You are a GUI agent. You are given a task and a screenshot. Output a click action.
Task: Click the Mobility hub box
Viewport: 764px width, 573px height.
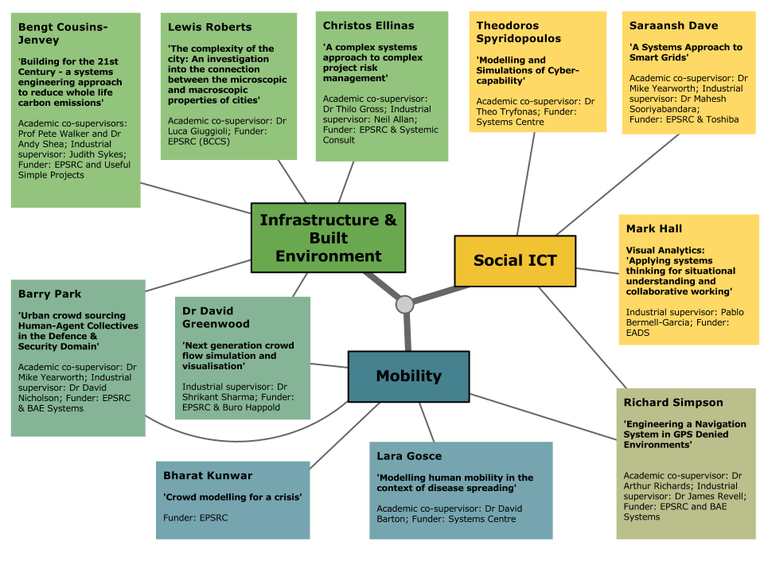click(x=409, y=376)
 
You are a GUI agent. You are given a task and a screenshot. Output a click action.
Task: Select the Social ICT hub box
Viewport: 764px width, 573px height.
click(x=515, y=261)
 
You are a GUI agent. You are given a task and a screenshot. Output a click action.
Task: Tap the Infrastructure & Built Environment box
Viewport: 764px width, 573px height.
click(x=329, y=238)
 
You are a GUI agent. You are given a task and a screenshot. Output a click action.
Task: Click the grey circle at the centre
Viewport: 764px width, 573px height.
click(x=404, y=305)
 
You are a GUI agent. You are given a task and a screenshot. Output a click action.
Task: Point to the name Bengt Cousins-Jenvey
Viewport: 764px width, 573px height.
click(x=63, y=33)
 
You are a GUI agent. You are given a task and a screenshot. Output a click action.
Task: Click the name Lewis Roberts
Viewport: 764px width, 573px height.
click(x=209, y=27)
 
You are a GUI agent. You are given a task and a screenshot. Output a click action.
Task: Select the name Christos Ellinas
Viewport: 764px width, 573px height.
click(x=368, y=25)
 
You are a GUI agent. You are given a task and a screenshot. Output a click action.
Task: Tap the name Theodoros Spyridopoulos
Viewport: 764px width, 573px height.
click(x=518, y=32)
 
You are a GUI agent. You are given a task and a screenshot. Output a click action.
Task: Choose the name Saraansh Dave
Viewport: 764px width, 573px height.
click(x=673, y=25)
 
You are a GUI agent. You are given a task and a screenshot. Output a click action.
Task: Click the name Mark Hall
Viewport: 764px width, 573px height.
click(x=654, y=228)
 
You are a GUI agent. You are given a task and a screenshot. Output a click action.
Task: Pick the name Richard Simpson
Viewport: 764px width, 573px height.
click(x=673, y=402)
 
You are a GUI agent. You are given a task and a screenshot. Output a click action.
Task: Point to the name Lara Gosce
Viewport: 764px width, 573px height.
click(x=409, y=455)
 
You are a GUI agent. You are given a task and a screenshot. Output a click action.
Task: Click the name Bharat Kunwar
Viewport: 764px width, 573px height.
click(x=208, y=475)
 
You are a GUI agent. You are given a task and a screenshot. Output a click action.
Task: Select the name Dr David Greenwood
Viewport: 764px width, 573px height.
click(x=216, y=318)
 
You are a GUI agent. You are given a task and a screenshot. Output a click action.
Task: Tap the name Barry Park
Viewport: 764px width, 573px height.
click(x=49, y=294)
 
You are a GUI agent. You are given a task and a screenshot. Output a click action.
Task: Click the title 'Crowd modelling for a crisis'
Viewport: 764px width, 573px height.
click(x=232, y=497)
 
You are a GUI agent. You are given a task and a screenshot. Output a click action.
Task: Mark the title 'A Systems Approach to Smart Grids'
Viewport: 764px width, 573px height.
click(x=685, y=53)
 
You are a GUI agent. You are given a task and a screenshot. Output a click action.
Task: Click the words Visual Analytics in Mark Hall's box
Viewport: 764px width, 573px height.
click(x=665, y=251)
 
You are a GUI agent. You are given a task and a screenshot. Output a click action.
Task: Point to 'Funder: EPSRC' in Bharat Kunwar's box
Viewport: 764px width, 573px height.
click(x=196, y=517)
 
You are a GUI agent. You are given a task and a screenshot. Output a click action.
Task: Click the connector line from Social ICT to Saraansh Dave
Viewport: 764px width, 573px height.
click(x=618, y=185)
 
